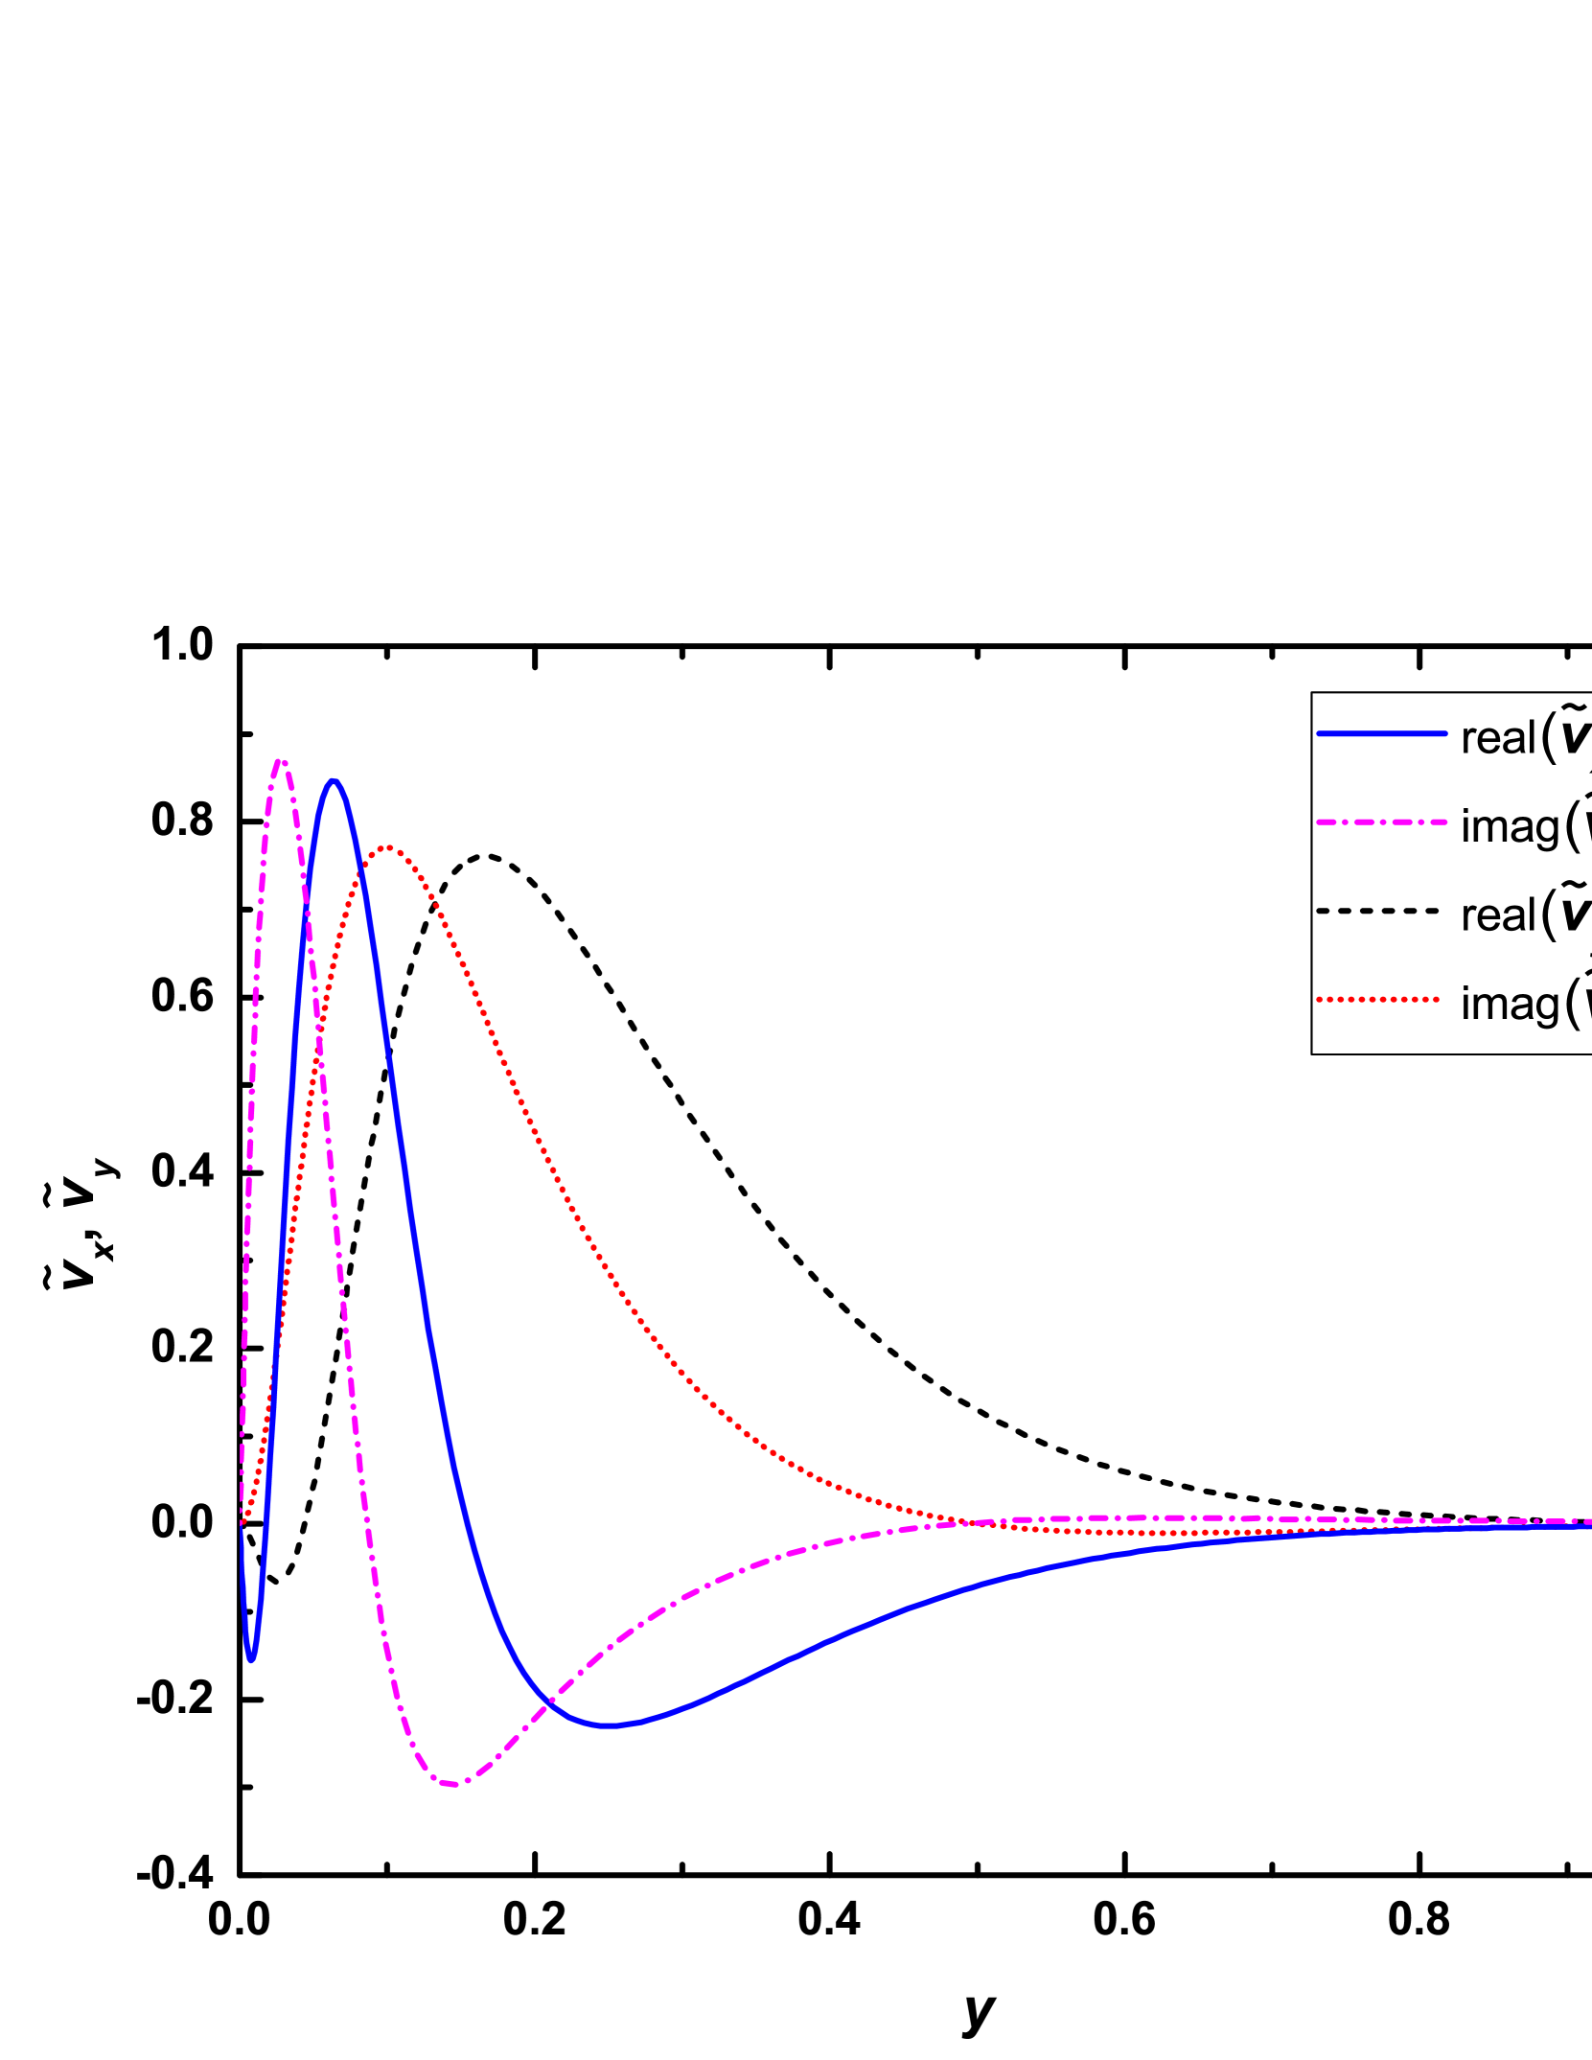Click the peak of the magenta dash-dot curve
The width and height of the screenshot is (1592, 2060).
tap(281, 762)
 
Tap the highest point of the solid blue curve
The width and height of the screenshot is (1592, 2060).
tap(334, 781)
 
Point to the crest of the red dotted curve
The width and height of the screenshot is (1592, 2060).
tap(388, 848)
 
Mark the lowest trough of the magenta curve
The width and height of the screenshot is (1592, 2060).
tap(454, 1784)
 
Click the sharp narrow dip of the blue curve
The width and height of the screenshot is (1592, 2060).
tap(251, 1659)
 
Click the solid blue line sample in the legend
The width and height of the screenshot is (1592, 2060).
tap(1381, 734)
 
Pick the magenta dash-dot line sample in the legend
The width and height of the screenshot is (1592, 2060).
tap(1381, 822)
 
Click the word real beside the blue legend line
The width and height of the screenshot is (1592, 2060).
tap(1498, 739)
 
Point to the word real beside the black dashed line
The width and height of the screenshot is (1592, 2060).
tap(1498, 916)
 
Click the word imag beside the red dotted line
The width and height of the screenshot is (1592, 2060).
tap(1511, 1006)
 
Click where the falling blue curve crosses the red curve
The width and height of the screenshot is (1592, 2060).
tap(360, 874)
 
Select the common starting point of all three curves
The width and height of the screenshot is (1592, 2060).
tap(242, 1522)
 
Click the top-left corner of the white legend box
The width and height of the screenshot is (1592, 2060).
tap(1313, 694)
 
